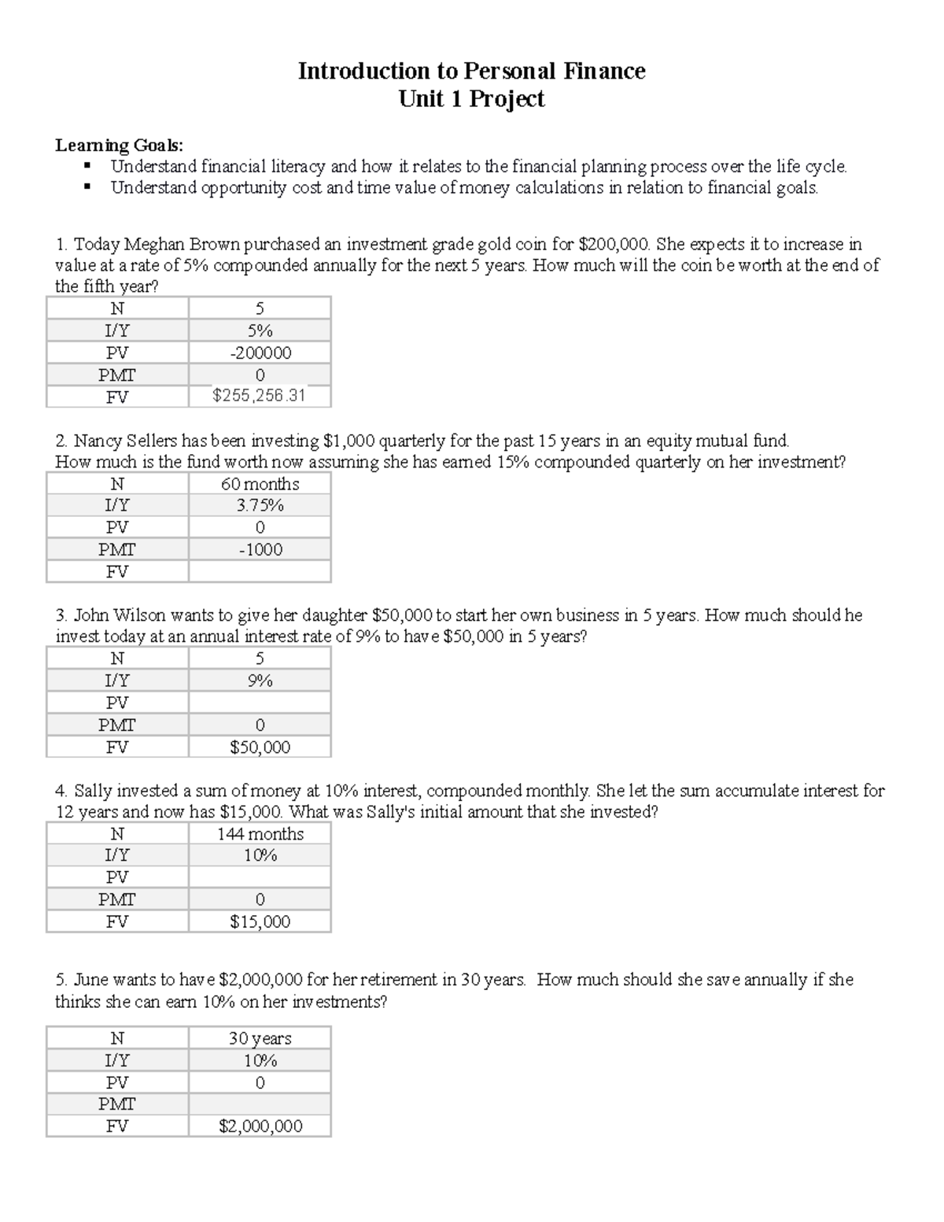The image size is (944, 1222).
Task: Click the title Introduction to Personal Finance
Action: pyautogui.click(x=471, y=72)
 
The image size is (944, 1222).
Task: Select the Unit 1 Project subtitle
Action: pyautogui.click(x=471, y=99)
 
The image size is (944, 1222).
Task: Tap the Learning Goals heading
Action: pyautogui.click(x=119, y=146)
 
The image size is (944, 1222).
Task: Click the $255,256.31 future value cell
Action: pyautogui.click(x=260, y=396)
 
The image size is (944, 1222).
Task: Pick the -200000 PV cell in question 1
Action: pyautogui.click(x=260, y=353)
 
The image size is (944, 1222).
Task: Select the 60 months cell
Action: pyautogui.click(x=260, y=484)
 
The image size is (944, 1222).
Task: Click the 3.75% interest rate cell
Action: pyautogui.click(x=260, y=505)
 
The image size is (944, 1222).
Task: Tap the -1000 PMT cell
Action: pyautogui.click(x=260, y=549)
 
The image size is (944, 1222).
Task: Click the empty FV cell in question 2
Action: pyautogui.click(x=260, y=571)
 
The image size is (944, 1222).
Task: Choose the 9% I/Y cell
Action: pyautogui.click(x=260, y=681)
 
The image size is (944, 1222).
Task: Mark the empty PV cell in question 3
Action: pyautogui.click(x=260, y=703)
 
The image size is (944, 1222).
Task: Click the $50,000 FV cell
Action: pyautogui.click(x=260, y=747)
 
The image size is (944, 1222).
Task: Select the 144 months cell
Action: pyautogui.click(x=260, y=833)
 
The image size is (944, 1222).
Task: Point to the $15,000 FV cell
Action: pyautogui.click(x=260, y=921)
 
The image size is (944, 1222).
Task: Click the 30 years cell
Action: pyautogui.click(x=260, y=1039)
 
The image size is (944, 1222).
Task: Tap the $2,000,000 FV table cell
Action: pyautogui.click(x=260, y=1126)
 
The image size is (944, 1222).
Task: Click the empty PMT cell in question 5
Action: pyautogui.click(x=260, y=1104)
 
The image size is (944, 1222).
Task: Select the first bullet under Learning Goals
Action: pyautogui.click(x=478, y=167)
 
